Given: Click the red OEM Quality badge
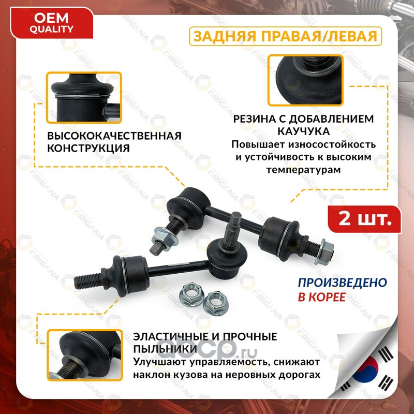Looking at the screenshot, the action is tap(51, 23).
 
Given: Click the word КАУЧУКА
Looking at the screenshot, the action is tap(304, 131).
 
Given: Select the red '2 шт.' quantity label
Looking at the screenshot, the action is tap(365, 219).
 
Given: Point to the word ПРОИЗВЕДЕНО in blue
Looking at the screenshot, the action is tap(343, 283).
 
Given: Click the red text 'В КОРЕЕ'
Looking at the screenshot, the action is tap(322, 297).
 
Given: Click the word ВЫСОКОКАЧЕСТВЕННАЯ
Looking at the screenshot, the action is tap(114, 136).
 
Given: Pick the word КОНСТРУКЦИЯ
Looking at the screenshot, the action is tap(88, 148).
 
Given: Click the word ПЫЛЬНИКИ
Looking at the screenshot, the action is tap(165, 349).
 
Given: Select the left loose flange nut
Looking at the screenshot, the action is tap(191, 294).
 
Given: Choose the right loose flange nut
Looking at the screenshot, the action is tap(216, 303).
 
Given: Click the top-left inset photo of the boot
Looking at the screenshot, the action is tap(84, 98).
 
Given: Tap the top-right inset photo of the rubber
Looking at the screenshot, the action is tap(305, 80).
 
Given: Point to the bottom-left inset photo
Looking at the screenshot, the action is tap(85, 355).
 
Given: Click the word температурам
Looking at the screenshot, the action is tap(303, 170).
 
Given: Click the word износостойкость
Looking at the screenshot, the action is tap(332, 144).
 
